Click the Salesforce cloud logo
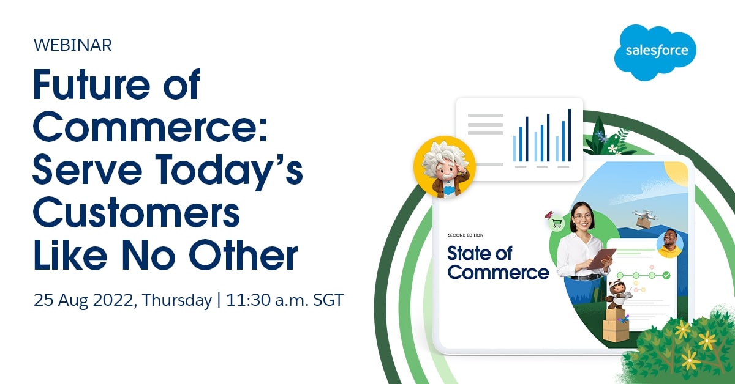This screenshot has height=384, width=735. pos(655,53)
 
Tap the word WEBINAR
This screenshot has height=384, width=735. pos(72,45)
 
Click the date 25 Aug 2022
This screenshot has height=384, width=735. pos(83,300)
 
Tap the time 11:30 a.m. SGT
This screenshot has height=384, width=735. pos(285,300)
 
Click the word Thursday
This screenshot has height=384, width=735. pos(177,300)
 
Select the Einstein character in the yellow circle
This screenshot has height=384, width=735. pos(445,168)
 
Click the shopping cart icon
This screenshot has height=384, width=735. pos(557,223)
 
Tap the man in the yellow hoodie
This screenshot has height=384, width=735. pos(669,244)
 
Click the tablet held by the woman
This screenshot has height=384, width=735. pos(601,259)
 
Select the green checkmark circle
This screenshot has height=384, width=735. pos(666,276)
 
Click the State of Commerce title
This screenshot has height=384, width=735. pos(498,263)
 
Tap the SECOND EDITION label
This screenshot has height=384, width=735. pos(466,235)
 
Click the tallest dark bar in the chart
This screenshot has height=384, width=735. pos(570,135)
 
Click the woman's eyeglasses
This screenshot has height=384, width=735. pos(582,216)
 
